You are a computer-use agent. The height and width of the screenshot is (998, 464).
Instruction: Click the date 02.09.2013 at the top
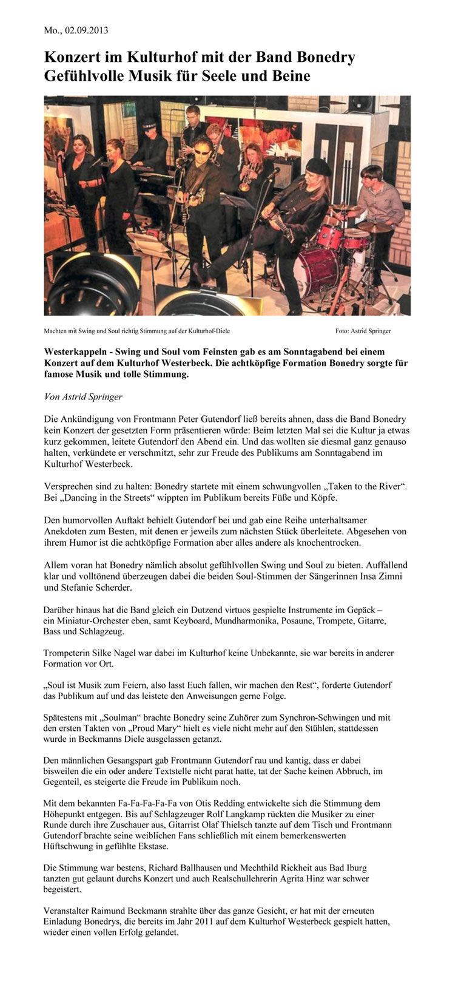pos(85,30)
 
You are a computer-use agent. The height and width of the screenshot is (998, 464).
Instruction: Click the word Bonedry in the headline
pos(327,58)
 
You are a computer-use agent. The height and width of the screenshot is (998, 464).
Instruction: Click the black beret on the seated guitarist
pos(318,166)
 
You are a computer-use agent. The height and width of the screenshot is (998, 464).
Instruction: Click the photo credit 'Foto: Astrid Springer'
pos(363,331)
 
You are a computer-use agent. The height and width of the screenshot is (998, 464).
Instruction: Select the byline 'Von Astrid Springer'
pos(83,397)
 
